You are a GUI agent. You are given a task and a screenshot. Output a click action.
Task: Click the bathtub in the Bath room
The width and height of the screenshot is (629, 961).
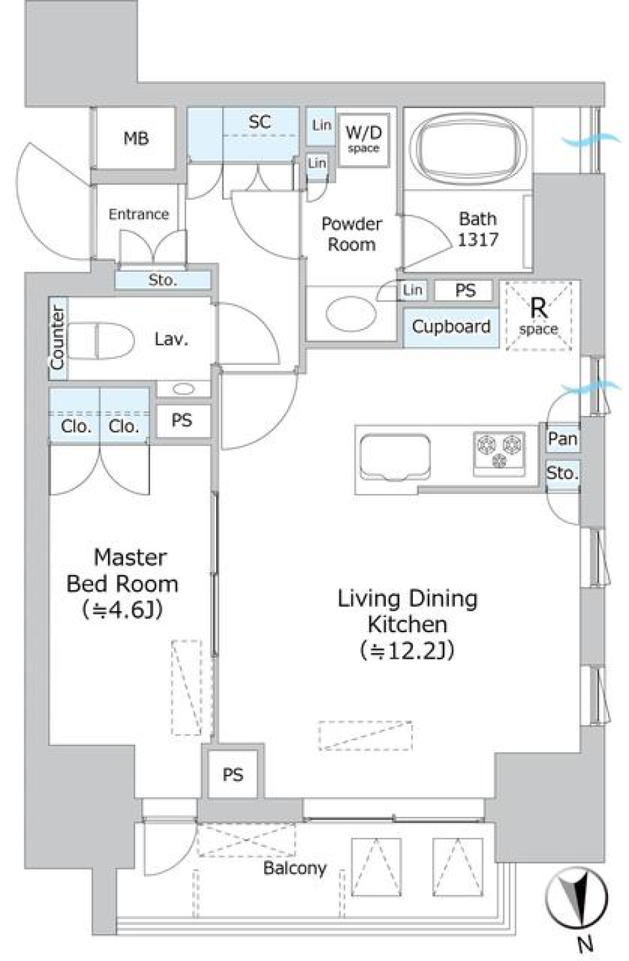tap(468, 150)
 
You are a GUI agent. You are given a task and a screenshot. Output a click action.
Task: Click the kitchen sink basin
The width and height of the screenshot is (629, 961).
tap(394, 457)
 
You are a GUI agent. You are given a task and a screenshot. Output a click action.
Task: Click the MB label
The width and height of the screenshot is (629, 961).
tap(136, 139)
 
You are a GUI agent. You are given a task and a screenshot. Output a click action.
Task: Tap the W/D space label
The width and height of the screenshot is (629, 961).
tap(364, 138)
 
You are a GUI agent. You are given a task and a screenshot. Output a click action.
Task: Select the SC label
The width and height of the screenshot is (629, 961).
tap(259, 122)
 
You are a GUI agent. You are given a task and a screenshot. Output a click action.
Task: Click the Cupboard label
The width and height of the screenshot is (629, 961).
tap(451, 326)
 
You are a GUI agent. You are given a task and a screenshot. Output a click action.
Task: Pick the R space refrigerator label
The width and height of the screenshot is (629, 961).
tap(539, 315)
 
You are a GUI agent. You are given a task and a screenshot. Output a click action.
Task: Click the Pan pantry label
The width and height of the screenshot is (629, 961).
tap(562, 438)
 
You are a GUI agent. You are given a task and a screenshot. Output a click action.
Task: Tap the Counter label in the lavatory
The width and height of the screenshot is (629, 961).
tap(58, 338)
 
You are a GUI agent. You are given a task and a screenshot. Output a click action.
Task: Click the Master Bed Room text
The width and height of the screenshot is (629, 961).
tap(123, 570)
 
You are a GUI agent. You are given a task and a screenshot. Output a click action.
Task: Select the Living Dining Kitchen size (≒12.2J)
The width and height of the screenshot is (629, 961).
tap(406, 650)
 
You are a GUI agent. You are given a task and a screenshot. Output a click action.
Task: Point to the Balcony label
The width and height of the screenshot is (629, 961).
tap(294, 868)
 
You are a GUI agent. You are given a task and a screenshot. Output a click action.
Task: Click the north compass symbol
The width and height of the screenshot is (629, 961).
tap(577, 897)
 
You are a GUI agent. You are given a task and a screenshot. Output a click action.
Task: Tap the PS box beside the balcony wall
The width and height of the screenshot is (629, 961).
tap(233, 775)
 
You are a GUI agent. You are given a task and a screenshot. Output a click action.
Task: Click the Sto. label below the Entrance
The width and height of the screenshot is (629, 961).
tap(162, 280)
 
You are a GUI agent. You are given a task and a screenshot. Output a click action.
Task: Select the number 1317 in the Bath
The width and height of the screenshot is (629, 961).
tap(478, 240)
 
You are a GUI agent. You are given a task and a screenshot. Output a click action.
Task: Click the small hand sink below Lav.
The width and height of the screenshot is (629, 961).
tap(183, 389)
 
